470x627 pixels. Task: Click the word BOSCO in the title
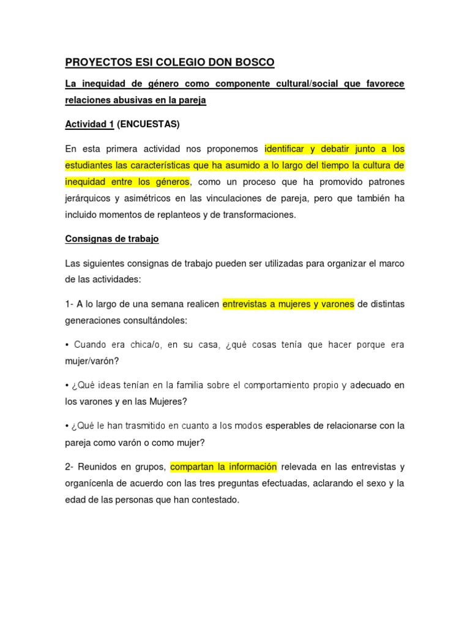tap(253, 62)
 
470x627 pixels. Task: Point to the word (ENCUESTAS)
tap(149, 124)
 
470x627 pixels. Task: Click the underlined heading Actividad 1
tap(89, 124)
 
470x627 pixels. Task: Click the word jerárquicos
tap(91, 198)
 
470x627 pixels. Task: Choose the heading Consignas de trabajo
tap(112, 239)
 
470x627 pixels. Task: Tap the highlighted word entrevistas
tap(245, 304)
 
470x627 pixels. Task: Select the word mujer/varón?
tap(92, 361)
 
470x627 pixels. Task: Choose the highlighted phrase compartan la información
tap(224, 467)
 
